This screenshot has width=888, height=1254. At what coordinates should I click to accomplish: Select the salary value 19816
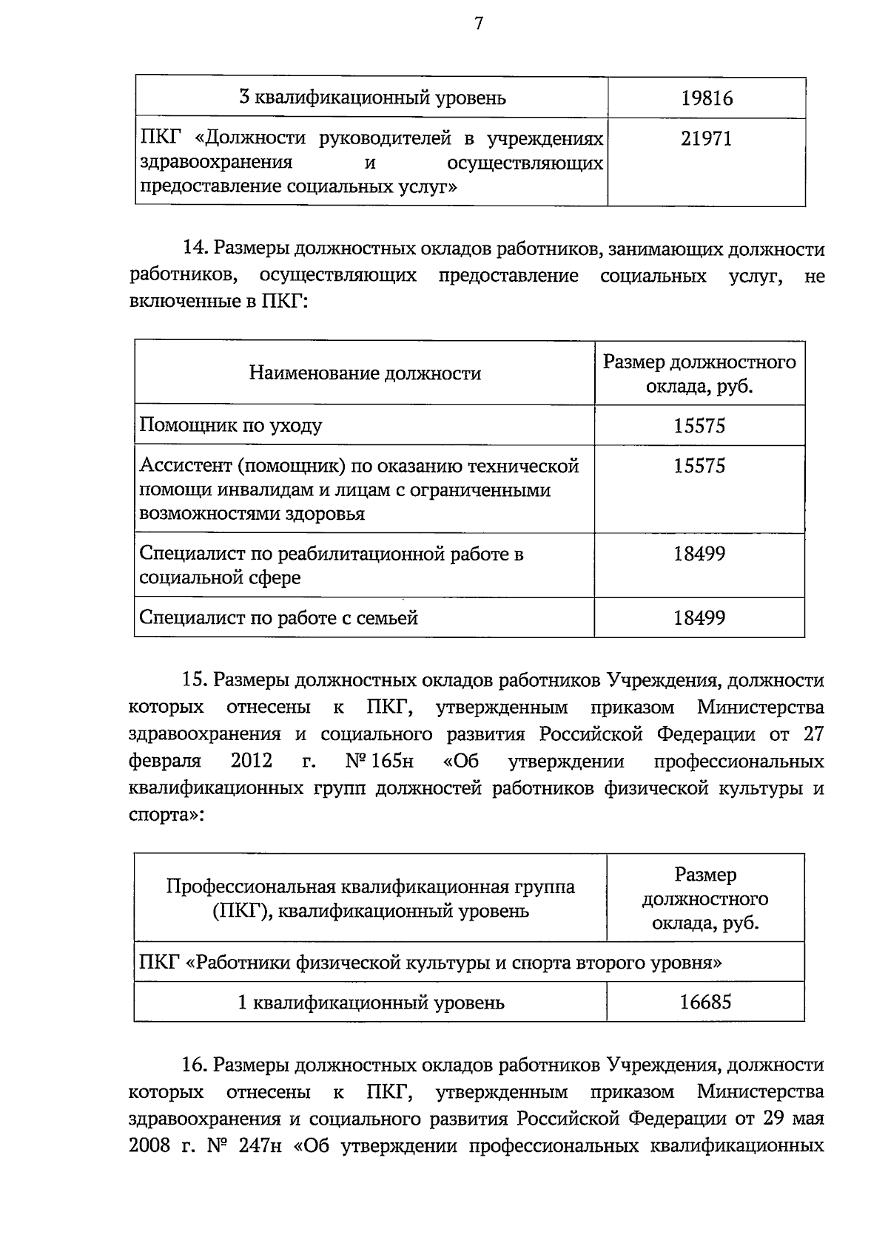(x=707, y=98)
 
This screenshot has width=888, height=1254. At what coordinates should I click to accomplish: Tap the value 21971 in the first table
(x=707, y=139)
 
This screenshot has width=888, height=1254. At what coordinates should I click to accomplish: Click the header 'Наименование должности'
(x=365, y=373)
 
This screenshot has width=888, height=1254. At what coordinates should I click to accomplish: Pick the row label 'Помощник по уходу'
(x=231, y=426)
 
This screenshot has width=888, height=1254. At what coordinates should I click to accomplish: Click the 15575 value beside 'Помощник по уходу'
(x=699, y=426)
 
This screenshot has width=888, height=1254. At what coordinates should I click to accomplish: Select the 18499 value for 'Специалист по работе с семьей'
(x=699, y=618)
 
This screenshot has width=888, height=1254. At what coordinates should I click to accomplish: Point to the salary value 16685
(x=705, y=1003)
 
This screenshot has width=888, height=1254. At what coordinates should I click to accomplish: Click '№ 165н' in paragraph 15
(x=379, y=762)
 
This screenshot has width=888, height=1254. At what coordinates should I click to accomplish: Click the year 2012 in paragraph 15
(x=252, y=762)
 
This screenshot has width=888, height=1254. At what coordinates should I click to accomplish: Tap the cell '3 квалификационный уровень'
(x=372, y=98)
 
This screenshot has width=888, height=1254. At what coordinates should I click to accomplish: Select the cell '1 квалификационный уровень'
(x=371, y=1003)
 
